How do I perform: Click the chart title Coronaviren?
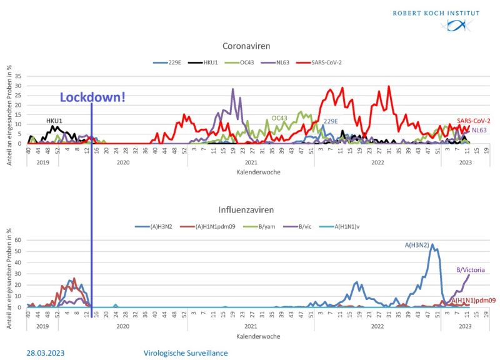(250, 46)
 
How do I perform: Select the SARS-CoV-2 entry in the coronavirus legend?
(326, 62)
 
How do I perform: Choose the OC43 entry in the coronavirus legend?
(245, 62)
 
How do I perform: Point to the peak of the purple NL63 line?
(233, 89)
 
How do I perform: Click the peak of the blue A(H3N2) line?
(432, 244)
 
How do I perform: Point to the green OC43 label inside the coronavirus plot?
(279, 117)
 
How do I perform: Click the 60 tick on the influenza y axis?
(19, 240)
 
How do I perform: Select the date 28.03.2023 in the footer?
(45, 352)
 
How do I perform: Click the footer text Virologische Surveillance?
(185, 352)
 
